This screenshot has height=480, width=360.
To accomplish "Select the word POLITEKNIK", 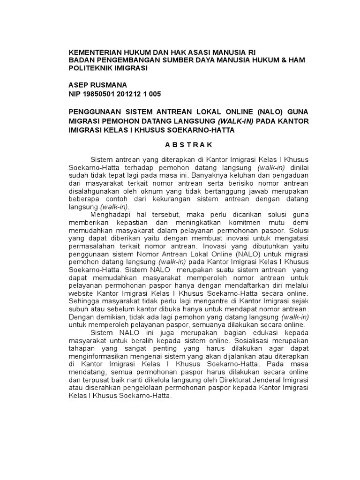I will click(90, 68).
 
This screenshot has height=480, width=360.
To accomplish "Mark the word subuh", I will click(77, 309).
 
